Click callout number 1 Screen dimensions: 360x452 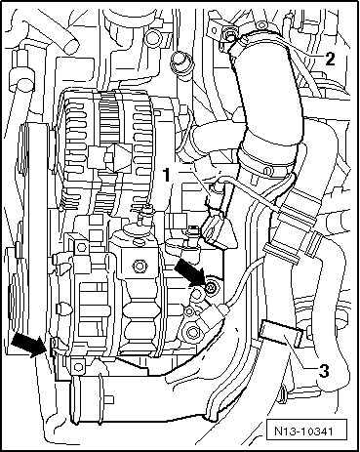pyautogui.click(x=166, y=175)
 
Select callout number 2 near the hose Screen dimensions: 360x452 pyautogui.click(x=330, y=60)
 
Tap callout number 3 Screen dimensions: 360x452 pyautogui.click(x=324, y=371)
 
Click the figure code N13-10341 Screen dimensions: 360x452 pyautogui.click(x=303, y=431)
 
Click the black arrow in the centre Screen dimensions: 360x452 pyautogui.click(x=189, y=273)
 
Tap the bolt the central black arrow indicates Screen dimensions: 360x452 pyautogui.click(x=211, y=287)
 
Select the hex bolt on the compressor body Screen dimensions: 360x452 pyautogui.click(x=140, y=265)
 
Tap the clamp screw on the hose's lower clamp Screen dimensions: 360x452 pyautogui.click(x=267, y=171)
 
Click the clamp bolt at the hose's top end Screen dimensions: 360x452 pyautogui.click(x=230, y=35)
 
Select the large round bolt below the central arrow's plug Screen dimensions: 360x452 pyautogui.click(x=192, y=333)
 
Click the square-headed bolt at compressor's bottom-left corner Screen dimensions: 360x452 pyautogui.click(x=78, y=367)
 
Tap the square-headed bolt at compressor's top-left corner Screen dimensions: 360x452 pyautogui.click(x=81, y=248)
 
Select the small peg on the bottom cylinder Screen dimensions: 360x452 pyautogui.click(x=109, y=398)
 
